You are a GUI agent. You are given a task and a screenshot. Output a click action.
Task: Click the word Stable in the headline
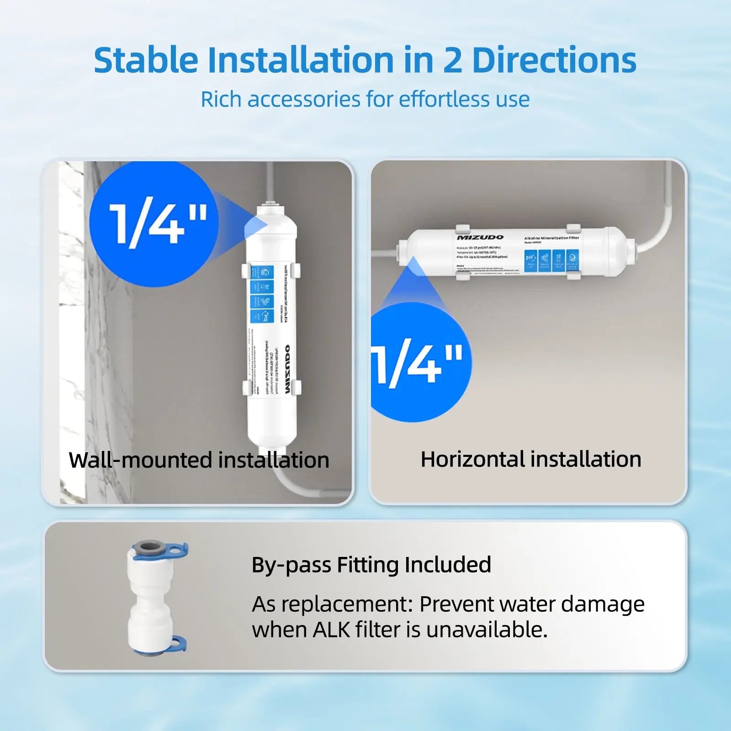pyautogui.click(x=146, y=60)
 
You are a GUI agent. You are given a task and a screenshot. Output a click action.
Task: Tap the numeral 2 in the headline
pyautogui.click(x=452, y=60)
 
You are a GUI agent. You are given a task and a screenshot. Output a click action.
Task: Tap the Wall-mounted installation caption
pyautogui.click(x=199, y=460)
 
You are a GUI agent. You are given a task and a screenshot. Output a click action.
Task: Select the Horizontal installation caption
pyautogui.click(x=531, y=459)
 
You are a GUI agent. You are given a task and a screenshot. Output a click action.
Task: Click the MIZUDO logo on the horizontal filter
pyautogui.click(x=480, y=238)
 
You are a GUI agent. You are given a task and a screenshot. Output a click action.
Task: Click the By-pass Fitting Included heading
pyautogui.click(x=371, y=565)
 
